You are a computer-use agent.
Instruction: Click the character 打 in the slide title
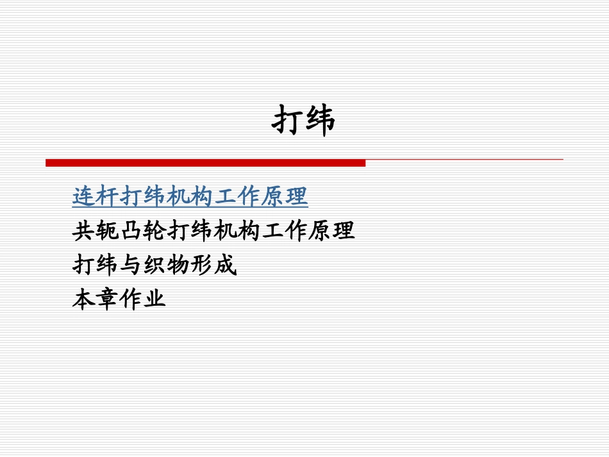point(288,120)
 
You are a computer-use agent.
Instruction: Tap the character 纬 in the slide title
point(320,120)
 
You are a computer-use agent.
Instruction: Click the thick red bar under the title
point(205,163)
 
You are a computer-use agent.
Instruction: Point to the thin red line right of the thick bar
point(464,159)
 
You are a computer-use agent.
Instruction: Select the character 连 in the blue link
point(84,197)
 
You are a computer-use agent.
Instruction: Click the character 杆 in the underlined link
point(108,197)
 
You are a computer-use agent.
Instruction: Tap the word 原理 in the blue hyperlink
point(285,197)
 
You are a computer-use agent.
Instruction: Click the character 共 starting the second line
point(84,231)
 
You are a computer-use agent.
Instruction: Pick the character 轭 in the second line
point(108,231)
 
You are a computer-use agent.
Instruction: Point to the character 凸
point(131,231)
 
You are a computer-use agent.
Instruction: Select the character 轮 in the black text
point(155,231)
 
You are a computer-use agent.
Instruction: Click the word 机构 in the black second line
point(226,231)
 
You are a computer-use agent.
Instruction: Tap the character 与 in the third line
point(131,265)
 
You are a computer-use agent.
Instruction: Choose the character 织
point(155,265)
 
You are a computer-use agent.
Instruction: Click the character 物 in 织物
point(179,265)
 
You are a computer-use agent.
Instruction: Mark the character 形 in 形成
point(202,265)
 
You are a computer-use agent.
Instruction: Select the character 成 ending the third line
point(226,265)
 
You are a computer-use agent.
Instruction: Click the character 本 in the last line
point(84,299)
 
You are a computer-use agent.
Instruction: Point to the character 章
point(108,299)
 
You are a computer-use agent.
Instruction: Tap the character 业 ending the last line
point(155,299)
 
